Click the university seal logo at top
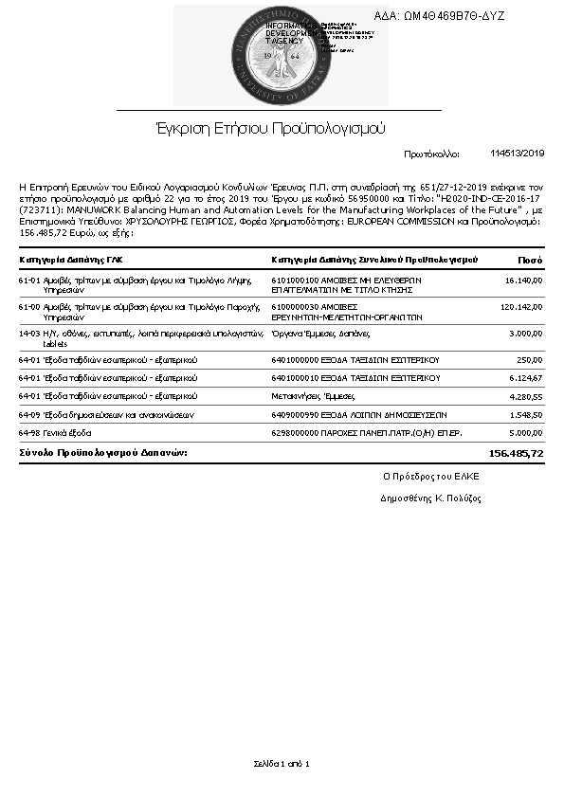[x=282, y=55]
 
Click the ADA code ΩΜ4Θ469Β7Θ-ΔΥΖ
[x=452, y=16]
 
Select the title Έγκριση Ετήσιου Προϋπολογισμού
[x=271, y=128]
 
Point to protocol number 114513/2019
[x=518, y=154]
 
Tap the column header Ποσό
[x=530, y=259]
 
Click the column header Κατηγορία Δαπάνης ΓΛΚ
[x=71, y=259]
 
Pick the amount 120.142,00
[x=520, y=307]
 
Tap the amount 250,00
[x=529, y=360]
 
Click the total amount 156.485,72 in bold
[x=516, y=454]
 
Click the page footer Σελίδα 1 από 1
[x=282, y=763]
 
